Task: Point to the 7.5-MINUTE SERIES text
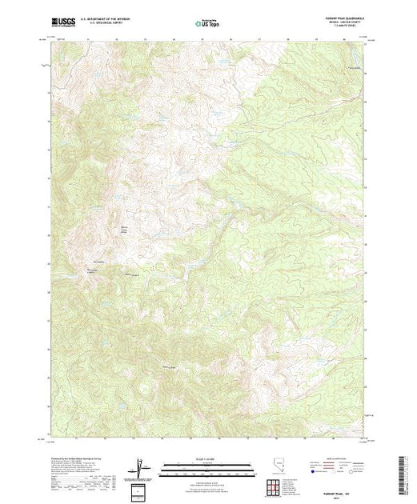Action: [x=351, y=30]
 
